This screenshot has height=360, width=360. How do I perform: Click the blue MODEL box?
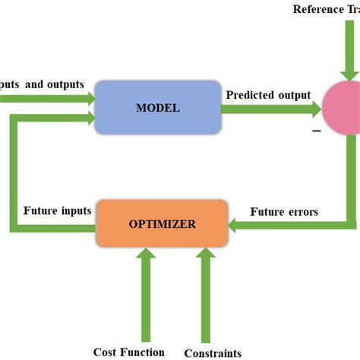coord(157,107)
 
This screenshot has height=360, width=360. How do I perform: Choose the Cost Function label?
coord(128,351)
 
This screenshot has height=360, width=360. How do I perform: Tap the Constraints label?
coord(213,352)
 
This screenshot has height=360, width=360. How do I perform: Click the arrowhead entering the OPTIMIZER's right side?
coord(236,225)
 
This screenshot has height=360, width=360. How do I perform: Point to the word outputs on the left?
coord(65,84)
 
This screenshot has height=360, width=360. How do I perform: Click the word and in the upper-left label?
coord(35,84)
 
